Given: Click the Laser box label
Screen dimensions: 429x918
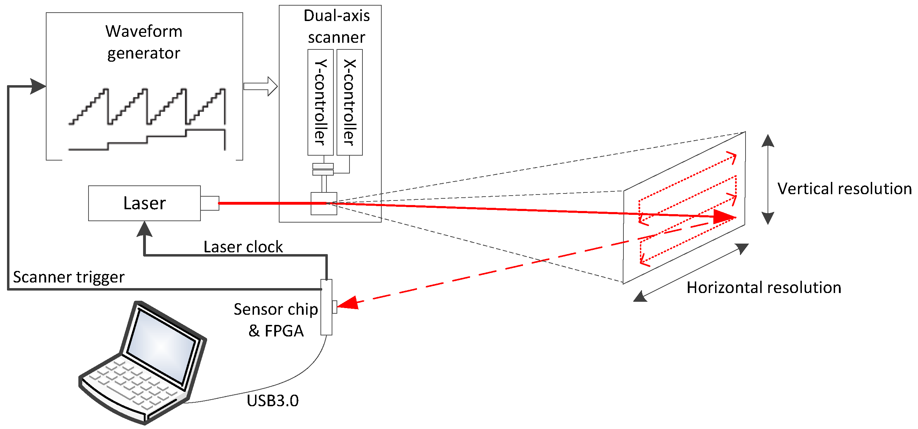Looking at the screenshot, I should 144,203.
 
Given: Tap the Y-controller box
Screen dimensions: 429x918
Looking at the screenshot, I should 320,102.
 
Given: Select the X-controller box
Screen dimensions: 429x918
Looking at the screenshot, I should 349,102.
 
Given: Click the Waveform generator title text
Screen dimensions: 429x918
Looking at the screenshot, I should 144,42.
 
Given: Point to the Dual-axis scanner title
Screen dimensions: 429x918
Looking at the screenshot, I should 337,26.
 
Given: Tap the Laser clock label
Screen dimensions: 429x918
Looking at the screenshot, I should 243,247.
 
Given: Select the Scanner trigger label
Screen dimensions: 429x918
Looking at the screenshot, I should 69,277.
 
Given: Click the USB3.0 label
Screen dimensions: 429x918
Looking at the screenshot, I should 273,401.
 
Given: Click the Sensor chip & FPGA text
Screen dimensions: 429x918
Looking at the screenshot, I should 276,320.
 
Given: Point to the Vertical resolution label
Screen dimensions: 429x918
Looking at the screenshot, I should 844,189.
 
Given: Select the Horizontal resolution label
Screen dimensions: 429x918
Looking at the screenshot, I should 764,288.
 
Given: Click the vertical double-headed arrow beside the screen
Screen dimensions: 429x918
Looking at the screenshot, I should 768,179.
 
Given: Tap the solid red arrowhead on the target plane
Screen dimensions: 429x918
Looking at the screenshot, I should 723,216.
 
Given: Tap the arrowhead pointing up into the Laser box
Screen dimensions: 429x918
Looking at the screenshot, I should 144,229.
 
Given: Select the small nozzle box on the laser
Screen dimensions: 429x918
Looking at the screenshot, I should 210,203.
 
